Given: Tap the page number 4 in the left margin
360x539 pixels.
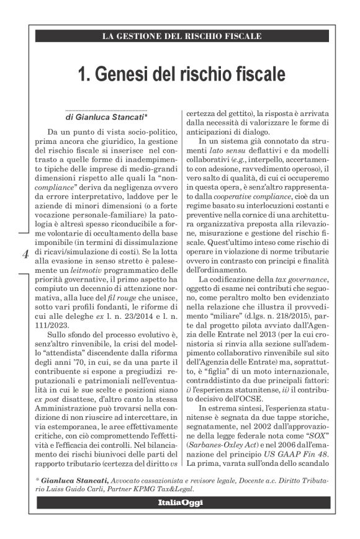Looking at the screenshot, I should tap(25, 254).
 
